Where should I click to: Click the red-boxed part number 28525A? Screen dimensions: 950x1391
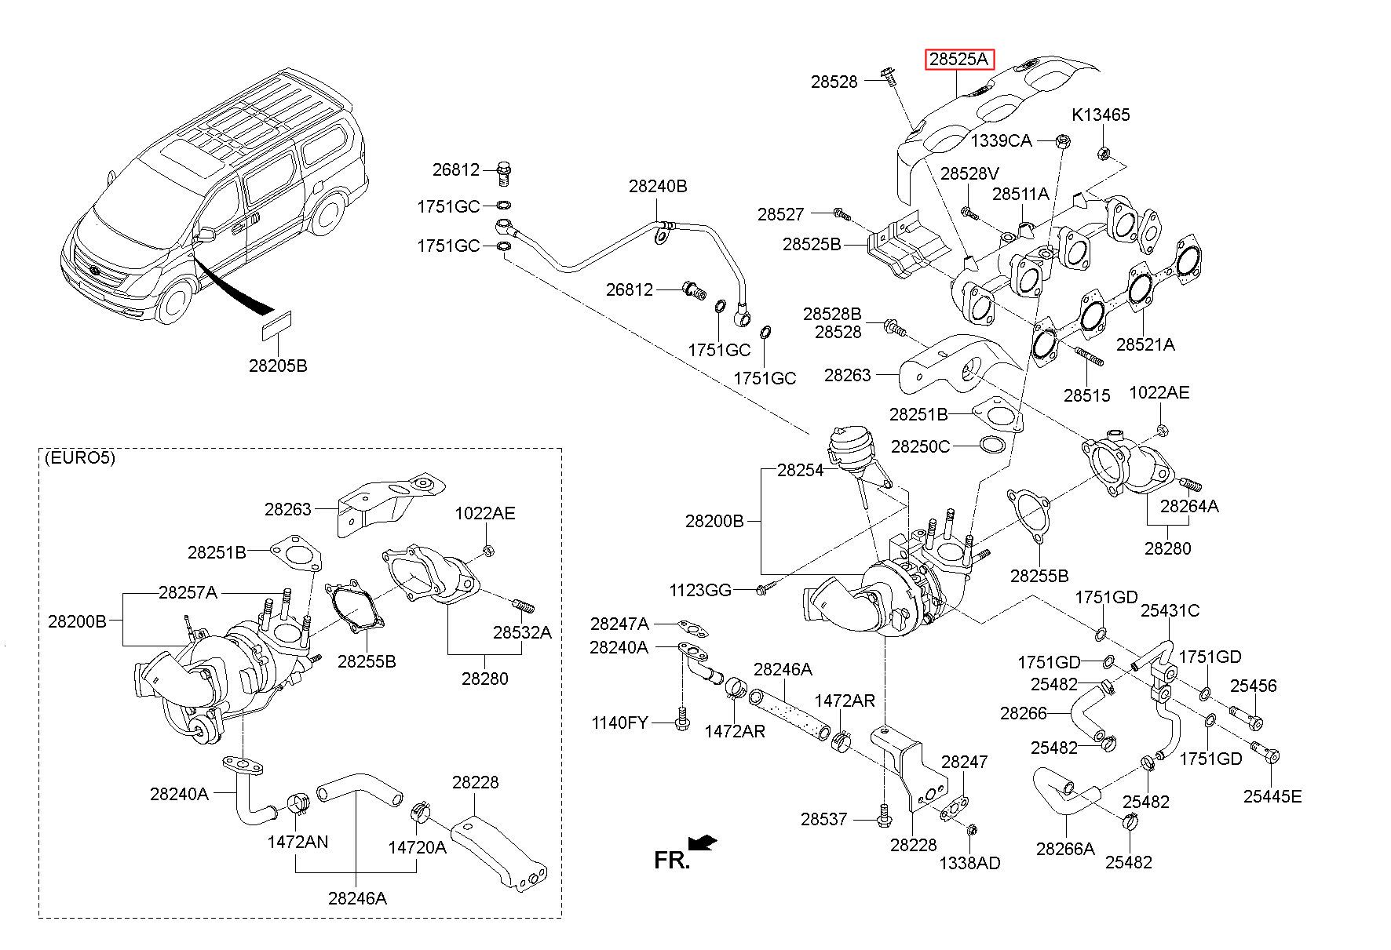(961, 60)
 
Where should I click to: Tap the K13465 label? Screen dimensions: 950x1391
(1101, 115)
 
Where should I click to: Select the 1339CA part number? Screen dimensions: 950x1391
(1001, 140)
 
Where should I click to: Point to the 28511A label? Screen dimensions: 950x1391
(1020, 194)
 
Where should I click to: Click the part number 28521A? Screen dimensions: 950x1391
(1145, 344)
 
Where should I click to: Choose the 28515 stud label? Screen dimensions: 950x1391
(1087, 395)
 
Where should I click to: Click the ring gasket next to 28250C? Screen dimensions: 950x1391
(992, 446)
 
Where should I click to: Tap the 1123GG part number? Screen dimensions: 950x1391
(700, 589)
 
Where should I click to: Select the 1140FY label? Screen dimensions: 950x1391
(620, 722)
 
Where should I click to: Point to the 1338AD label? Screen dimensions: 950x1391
(970, 863)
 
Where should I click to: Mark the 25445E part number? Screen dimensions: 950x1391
(1272, 797)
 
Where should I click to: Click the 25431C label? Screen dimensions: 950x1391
(1170, 610)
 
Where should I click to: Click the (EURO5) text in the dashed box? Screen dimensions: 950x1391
(80, 458)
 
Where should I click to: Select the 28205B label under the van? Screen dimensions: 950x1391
(278, 366)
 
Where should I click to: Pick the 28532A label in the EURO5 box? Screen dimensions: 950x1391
(522, 632)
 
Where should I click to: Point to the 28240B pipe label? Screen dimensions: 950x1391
(658, 186)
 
